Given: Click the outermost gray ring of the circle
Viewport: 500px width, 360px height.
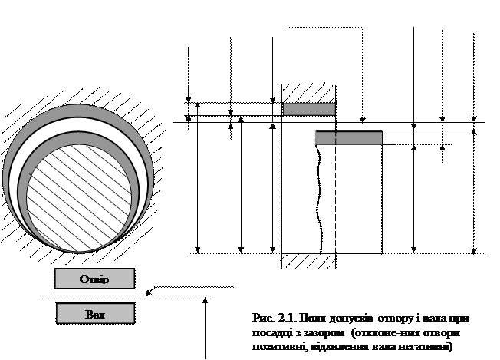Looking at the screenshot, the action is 77,113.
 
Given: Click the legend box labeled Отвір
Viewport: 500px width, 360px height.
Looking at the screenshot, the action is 94,279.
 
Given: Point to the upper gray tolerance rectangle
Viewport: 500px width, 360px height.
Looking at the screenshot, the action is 308,109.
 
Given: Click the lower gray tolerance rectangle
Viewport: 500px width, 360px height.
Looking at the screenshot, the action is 348,138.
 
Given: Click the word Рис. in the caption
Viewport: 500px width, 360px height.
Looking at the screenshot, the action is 262,317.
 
